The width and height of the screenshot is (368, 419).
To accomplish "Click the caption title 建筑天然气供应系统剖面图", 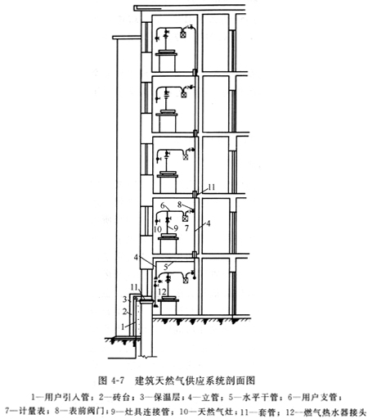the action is click(195, 380).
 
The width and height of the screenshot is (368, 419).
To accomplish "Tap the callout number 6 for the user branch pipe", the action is click(163, 205).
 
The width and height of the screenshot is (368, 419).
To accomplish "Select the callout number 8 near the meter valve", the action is click(179, 205).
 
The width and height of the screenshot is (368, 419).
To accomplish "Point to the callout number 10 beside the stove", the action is click(158, 229).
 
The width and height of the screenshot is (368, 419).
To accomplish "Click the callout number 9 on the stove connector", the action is click(176, 228).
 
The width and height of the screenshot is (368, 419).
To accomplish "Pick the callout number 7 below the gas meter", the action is click(186, 228).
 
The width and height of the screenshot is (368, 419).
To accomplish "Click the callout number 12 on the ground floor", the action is click(162, 291).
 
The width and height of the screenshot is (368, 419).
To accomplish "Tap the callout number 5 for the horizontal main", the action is click(165, 267).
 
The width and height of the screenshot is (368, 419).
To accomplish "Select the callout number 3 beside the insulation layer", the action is click(124, 300).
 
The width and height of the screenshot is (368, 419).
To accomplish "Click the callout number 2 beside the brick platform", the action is click(124, 311).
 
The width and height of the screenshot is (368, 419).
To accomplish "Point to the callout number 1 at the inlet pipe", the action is click(123, 327).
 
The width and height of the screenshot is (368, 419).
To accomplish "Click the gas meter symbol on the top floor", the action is click(183, 34).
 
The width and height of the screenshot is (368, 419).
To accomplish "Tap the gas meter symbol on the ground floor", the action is click(186, 280).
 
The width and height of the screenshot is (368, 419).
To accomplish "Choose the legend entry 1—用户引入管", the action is click(61, 397).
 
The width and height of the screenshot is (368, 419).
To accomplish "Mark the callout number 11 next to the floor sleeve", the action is click(212, 187).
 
